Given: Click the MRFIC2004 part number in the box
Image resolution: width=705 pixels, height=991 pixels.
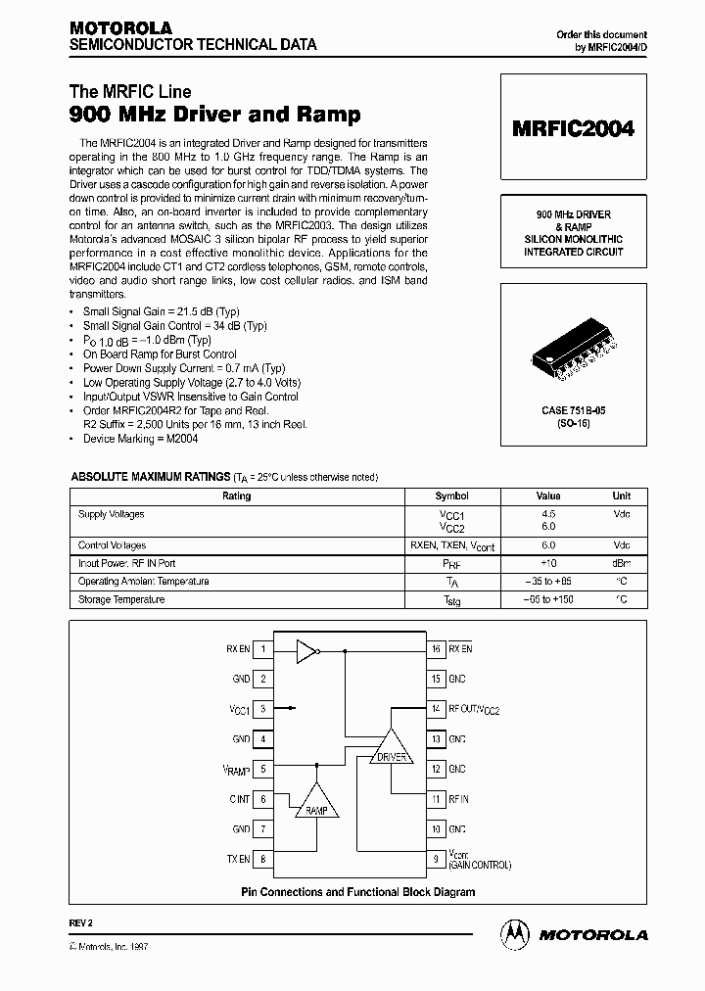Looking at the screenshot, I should click(x=573, y=128).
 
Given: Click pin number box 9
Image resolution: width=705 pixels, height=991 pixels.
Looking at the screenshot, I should click(x=434, y=859).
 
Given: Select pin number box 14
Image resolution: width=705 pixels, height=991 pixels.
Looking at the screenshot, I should click(x=434, y=708).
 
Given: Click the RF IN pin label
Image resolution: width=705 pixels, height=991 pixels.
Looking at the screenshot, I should click(x=458, y=799).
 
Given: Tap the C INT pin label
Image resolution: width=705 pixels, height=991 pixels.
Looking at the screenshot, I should click(x=240, y=799).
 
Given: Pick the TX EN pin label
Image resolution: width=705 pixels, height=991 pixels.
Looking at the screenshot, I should click(x=238, y=859).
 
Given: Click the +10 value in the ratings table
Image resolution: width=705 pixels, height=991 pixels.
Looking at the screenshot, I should click(x=548, y=563).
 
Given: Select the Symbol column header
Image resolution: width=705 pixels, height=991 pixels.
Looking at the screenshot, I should click(x=451, y=496).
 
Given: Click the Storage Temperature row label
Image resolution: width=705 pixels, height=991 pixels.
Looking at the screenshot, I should click(x=121, y=599).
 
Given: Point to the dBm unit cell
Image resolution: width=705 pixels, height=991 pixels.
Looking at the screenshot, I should click(x=622, y=563).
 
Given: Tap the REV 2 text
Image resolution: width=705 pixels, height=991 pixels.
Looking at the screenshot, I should click(x=81, y=923).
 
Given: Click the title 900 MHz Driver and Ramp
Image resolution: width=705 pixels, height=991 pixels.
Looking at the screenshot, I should click(x=214, y=115).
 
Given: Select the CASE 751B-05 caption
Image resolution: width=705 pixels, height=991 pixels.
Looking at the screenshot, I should click(x=573, y=411).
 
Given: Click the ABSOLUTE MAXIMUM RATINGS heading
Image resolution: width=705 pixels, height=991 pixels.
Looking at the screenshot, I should click(x=150, y=477).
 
